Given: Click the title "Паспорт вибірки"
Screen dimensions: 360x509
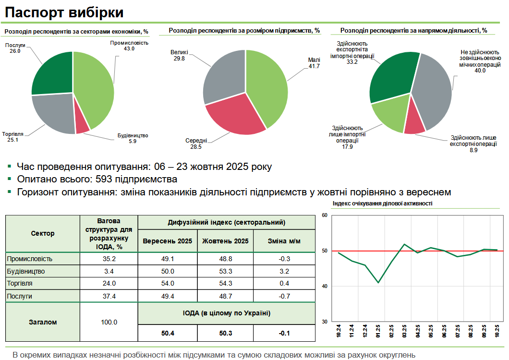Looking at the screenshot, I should tap(64, 12).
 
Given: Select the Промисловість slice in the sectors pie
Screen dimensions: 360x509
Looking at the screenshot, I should tap(96, 86).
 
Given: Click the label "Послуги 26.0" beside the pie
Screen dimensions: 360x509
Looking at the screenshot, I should tap(15, 48).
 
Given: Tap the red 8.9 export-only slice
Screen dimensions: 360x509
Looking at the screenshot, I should tap(414, 124).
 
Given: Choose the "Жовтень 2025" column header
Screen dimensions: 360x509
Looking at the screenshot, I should tap(225, 241).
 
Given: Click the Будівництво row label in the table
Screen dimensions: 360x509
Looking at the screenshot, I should tap(26, 271).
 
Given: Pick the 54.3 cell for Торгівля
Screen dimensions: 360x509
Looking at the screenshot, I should tap(225, 284).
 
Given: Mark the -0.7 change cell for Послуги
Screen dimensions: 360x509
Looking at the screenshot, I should tap(284, 296).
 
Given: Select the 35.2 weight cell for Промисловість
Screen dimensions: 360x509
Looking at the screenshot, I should tap(109, 259).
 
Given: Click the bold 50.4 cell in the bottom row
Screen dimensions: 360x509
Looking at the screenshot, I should tap(168, 333).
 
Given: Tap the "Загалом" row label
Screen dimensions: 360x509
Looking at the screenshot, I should tap(43, 322).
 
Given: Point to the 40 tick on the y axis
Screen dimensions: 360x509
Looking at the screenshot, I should tap(324, 287).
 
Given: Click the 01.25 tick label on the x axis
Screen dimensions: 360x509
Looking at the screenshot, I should tap(378, 331).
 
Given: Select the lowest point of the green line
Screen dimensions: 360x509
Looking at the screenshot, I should tap(378, 282).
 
